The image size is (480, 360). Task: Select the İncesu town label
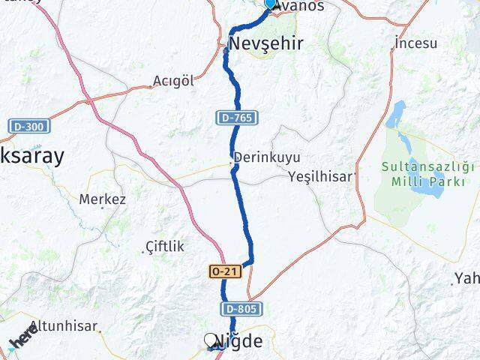(x=415, y=43)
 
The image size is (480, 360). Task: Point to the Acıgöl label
(x=174, y=80)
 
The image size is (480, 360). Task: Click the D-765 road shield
(x=237, y=118)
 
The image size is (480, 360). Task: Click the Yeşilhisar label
(x=321, y=178)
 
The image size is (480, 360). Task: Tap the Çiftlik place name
(x=164, y=246)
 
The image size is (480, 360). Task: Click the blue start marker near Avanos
(x=271, y=4)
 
